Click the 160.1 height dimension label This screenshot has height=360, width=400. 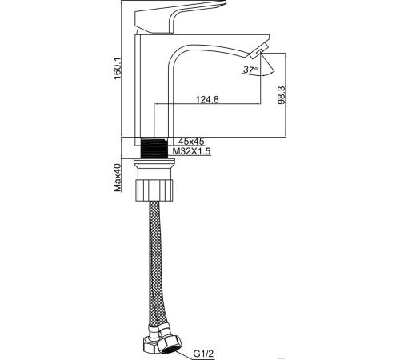click(118, 69)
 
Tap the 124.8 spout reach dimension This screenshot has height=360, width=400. click(207, 99)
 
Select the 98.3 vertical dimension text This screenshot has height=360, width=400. click(282, 95)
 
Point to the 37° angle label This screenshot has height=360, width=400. click(250, 70)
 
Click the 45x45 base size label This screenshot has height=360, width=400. click(191, 141)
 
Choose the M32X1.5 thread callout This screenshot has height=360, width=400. click(191, 151)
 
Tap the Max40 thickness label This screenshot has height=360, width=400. click(118, 178)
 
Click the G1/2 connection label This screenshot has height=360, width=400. click(203, 354)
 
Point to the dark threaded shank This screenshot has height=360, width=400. click(154, 148)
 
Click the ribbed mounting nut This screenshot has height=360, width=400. click(154, 190)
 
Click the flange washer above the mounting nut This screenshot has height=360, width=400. click(154, 162)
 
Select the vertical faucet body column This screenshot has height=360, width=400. click(138, 86)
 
